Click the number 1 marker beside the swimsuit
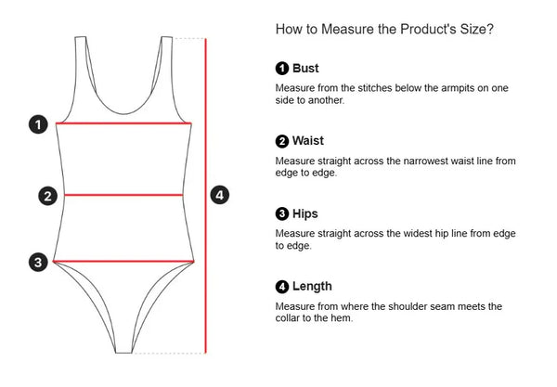click(x=38, y=124)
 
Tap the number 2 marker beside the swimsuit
click(x=47, y=196)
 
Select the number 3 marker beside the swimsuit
click(x=38, y=263)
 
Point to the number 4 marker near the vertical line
click(x=219, y=195)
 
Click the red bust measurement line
click(x=123, y=123)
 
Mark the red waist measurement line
click(x=123, y=195)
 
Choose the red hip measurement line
click(x=123, y=262)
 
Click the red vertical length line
click(x=206, y=196)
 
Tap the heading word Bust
click(x=305, y=68)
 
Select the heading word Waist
click(x=308, y=141)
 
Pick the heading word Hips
click(x=305, y=214)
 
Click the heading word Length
click(x=312, y=287)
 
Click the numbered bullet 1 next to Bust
click(x=282, y=68)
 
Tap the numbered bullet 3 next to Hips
click(x=282, y=213)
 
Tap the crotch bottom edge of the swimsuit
click(x=123, y=353)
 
